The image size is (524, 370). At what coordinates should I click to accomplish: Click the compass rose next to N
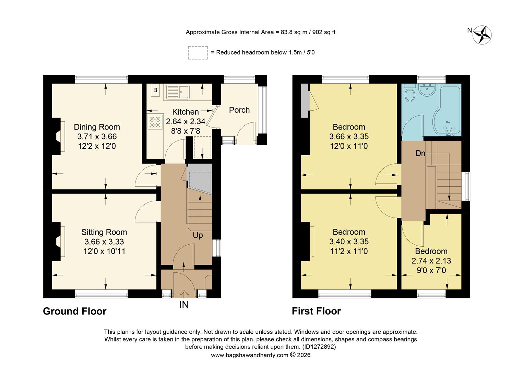pyautogui.click(x=483, y=35)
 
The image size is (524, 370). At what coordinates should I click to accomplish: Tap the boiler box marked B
pyautogui.click(x=155, y=90)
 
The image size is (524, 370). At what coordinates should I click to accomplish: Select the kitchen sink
pyautogui.click(x=178, y=91)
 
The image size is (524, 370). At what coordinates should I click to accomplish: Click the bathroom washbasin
pyautogui.click(x=427, y=90)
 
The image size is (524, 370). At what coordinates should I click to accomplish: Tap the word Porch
pyautogui.click(x=239, y=110)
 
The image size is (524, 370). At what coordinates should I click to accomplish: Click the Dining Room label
pyautogui.click(x=97, y=127)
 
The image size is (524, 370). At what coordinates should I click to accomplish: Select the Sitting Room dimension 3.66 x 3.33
pyautogui.click(x=104, y=242)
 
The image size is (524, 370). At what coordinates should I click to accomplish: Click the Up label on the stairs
pyautogui.click(x=198, y=236)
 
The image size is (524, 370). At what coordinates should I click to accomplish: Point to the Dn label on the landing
pyautogui.click(x=420, y=153)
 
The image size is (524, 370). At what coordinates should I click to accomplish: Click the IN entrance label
pyautogui.click(x=184, y=305)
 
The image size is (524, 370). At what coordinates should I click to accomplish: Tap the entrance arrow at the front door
pyautogui.click(x=184, y=293)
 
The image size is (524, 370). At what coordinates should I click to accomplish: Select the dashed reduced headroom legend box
pyautogui.click(x=198, y=53)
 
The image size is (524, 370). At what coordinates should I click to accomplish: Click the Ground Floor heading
pyautogui.click(x=74, y=311)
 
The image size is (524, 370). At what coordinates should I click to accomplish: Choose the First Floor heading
pyautogui.click(x=316, y=311)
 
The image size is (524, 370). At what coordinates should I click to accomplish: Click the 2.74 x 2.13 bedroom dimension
pyautogui.click(x=431, y=261)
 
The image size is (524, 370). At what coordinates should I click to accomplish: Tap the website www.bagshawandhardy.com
pyautogui.click(x=249, y=355)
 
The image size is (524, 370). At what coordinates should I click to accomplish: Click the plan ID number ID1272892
pyautogui.click(x=319, y=347)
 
